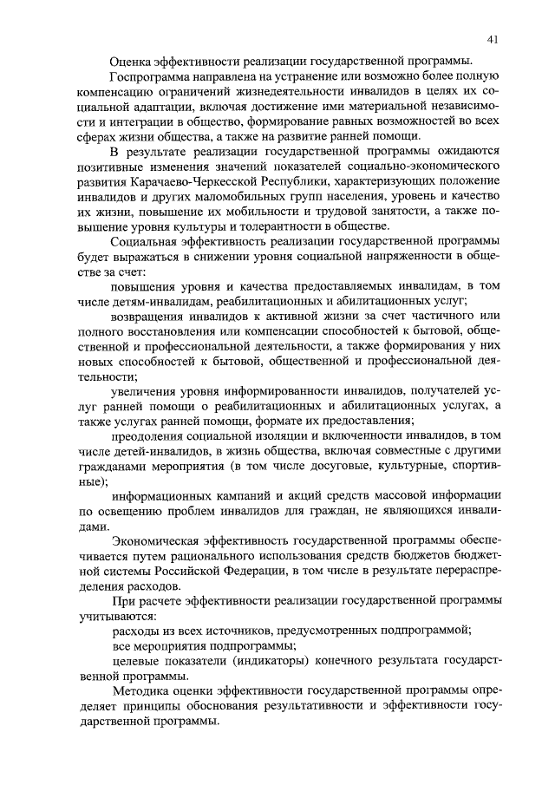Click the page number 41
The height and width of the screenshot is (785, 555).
(492, 39)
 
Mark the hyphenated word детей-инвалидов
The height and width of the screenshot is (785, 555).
(157, 449)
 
